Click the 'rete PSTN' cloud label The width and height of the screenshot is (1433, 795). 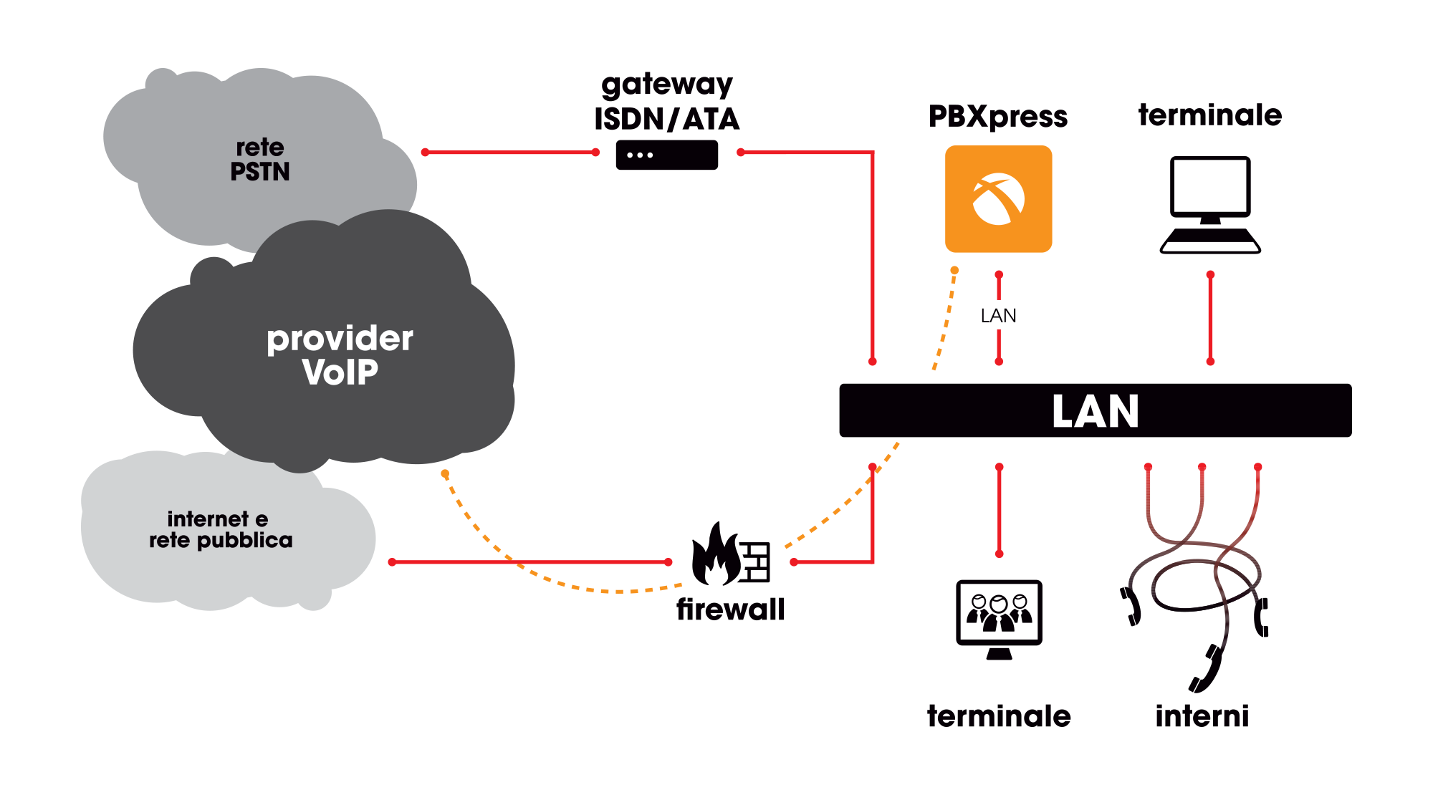pyautogui.click(x=260, y=160)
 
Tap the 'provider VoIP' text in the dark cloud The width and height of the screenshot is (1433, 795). pyautogui.click(x=340, y=355)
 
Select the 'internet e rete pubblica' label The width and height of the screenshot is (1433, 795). pyautogui.click(x=221, y=529)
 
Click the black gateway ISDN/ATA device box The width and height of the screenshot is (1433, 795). pyautogui.click(x=666, y=155)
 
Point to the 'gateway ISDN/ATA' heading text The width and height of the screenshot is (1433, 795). pyautogui.click(x=666, y=102)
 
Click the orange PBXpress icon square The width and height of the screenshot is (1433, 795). pyautogui.click(x=998, y=199)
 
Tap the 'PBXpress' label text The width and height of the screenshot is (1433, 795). pyautogui.click(x=997, y=116)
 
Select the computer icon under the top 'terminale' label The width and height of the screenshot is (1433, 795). pyautogui.click(x=1210, y=205)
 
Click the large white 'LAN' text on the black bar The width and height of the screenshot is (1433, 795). pyautogui.click(x=1095, y=411)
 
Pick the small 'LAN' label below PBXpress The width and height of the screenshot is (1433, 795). pyautogui.click(x=998, y=315)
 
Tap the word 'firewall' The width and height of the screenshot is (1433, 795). pyautogui.click(x=730, y=609)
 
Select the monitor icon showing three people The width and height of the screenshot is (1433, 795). pyautogui.click(x=999, y=618)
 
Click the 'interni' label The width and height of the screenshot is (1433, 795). pyautogui.click(x=1202, y=716)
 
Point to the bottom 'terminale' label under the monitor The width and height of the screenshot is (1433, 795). pyautogui.click(x=999, y=716)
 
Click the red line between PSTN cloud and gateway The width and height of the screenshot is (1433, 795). pyautogui.click(x=510, y=152)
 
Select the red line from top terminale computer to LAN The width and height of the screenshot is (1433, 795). pyautogui.click(x=1210, y=318)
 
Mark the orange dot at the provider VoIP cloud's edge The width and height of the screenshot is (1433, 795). pyautogui.click(x=445, y=474)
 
